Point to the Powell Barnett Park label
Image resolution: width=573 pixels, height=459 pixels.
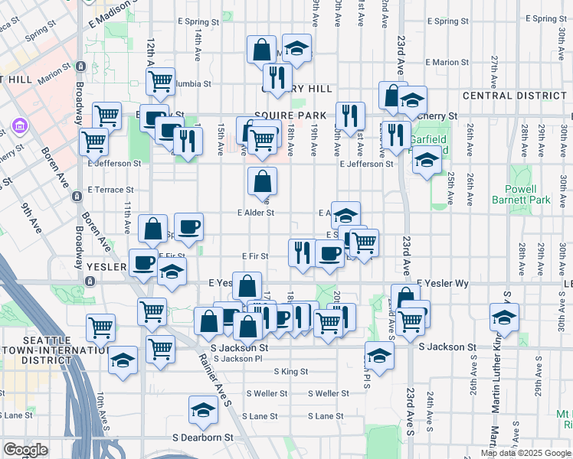(x=528, y=194)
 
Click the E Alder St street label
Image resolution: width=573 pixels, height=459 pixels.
(x=256, y=213)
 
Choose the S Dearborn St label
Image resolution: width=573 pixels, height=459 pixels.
(x=202, y=438)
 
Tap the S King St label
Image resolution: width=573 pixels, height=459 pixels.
(x=290, y=372)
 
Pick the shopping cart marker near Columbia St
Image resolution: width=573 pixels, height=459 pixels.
(x=160, y=80)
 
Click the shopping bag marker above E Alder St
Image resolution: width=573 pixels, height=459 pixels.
(x=262, y=181)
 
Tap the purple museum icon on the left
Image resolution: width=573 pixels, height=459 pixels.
(x=19, y=125)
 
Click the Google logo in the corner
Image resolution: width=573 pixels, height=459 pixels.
(x=25, y=450)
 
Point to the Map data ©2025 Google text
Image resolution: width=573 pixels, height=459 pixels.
(x=524, y=453)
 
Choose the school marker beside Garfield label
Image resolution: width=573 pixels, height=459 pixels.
(x=427, y=161)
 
